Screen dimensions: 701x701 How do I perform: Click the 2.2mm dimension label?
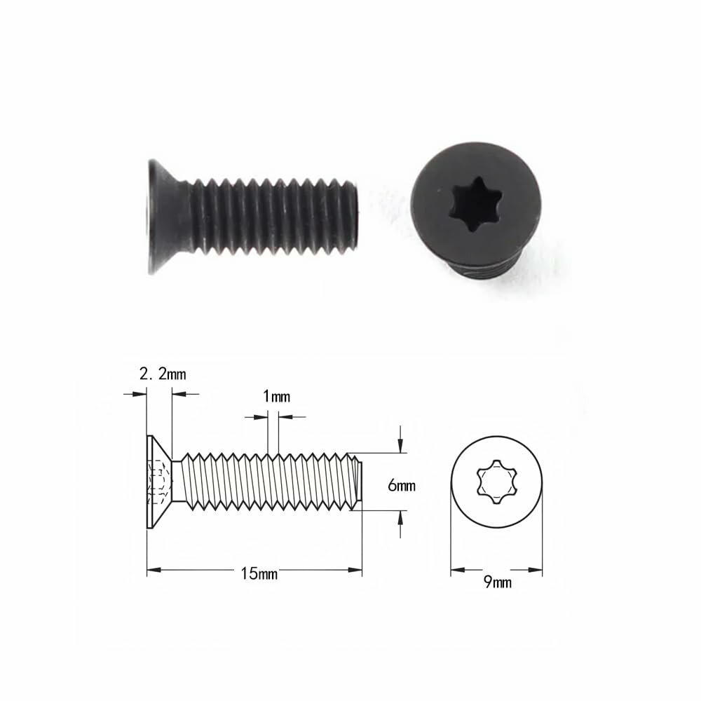point(163,374)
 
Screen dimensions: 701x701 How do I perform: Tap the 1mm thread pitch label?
point(276,396)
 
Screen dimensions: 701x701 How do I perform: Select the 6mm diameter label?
point(402,486)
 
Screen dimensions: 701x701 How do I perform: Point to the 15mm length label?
point(259,573)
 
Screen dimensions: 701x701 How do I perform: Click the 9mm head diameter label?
point(498,582)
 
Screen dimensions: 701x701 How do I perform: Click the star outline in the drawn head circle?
point(497,482)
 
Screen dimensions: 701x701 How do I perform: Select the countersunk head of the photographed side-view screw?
point(166,217)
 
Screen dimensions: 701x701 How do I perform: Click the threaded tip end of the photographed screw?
point(353,217)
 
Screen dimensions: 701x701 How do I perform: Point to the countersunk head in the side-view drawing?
point(159,482)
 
